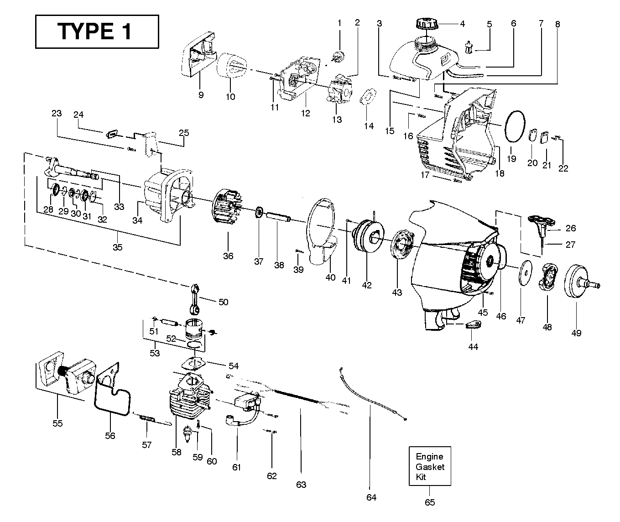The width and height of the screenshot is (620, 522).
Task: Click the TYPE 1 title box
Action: [97, 31]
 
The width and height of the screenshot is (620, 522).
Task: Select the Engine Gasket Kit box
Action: [430, 466]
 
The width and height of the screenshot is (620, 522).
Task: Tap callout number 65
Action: [430, 502]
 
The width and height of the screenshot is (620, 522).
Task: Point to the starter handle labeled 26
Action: [542, 222]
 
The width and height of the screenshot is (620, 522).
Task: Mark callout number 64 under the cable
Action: [371, 497]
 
